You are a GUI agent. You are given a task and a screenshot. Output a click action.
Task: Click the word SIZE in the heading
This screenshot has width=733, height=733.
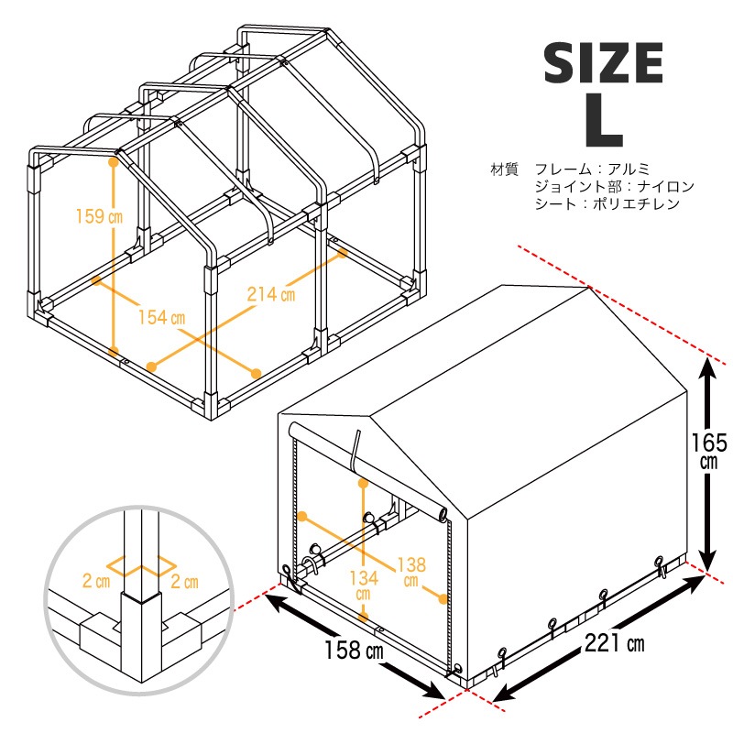(604, 63)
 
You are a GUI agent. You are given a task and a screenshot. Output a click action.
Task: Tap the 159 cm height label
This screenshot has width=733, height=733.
(99, 216)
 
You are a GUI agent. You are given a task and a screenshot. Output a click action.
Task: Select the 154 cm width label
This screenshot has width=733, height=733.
(162, 317)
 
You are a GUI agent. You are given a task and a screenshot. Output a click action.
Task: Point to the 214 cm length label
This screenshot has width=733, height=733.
(271, 294)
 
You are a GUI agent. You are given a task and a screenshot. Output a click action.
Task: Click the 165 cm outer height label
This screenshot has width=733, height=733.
(709, 451)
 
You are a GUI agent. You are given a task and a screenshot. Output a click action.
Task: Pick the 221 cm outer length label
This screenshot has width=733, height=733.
(614, 643)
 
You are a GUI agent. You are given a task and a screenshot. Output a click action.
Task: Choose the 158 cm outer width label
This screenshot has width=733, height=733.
(354, 650)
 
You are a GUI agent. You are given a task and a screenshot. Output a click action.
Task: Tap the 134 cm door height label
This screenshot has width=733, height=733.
(364, 585)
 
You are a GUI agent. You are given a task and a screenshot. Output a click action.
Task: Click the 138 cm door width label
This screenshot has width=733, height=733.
(411, 572)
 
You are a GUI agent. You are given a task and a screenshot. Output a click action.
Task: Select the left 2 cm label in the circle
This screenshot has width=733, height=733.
(96, 581)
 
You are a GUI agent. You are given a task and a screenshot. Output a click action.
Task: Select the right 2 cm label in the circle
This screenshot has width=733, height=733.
(185, 582)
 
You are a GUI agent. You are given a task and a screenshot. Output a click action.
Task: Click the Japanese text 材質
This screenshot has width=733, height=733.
(505, 169)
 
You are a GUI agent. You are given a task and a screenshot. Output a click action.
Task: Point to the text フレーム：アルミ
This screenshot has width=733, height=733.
(592, 169)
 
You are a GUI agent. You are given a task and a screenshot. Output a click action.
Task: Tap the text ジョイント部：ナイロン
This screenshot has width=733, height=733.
(614, 187)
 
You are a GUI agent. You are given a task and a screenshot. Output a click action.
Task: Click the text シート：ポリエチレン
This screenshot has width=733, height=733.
(607, 203)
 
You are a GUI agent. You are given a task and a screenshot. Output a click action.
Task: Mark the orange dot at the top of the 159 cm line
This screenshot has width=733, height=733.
(113, 162)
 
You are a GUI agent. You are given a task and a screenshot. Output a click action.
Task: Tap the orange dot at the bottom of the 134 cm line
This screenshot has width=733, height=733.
(363, 617)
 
